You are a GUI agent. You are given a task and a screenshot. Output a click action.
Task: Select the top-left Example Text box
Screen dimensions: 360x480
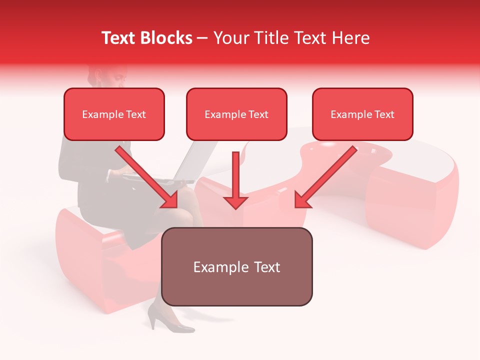(x=114, y=114)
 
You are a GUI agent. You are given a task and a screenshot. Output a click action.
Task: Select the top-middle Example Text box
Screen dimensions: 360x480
(x=236, y=114)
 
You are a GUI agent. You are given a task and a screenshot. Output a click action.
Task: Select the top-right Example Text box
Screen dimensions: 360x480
(x=362, y=114)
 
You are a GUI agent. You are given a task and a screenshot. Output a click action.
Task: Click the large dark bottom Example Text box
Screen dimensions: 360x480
(x=236, y=266)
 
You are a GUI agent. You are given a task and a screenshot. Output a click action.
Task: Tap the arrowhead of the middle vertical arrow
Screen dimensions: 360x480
(x=235, y=201)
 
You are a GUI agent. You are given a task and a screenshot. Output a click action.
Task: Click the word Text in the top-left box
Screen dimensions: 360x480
(x=135, y=114)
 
